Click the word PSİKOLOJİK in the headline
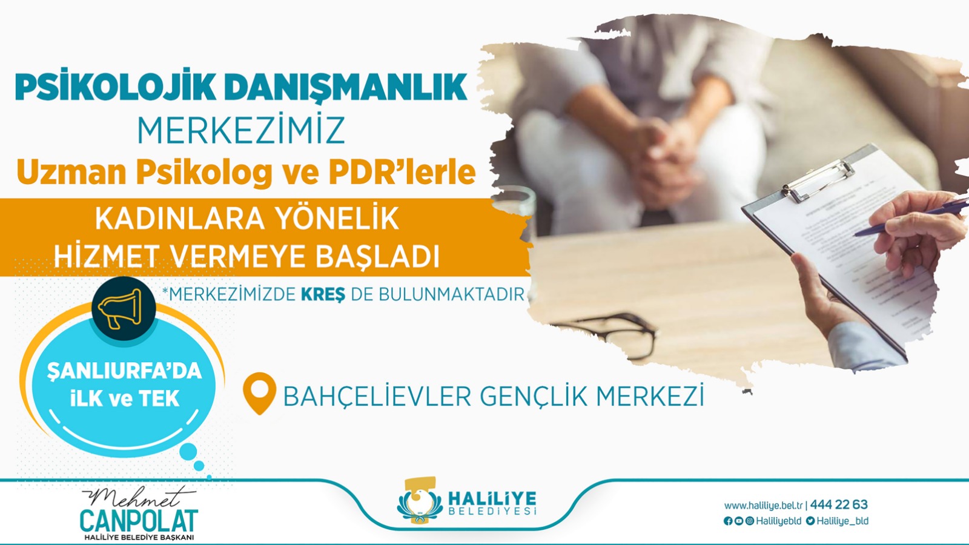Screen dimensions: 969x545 (115, 87)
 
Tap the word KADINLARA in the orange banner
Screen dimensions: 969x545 (179, 219)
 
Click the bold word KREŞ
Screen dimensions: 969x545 (323, 294)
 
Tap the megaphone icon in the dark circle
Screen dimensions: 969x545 (121, 309)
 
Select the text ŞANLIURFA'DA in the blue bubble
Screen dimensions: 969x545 (124, 371)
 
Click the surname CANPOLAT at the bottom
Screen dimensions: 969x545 (139, 521)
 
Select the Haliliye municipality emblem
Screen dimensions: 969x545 (419, 501)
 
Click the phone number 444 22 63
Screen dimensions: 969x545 (839, 504)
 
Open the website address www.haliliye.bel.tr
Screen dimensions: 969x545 (763, 505)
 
